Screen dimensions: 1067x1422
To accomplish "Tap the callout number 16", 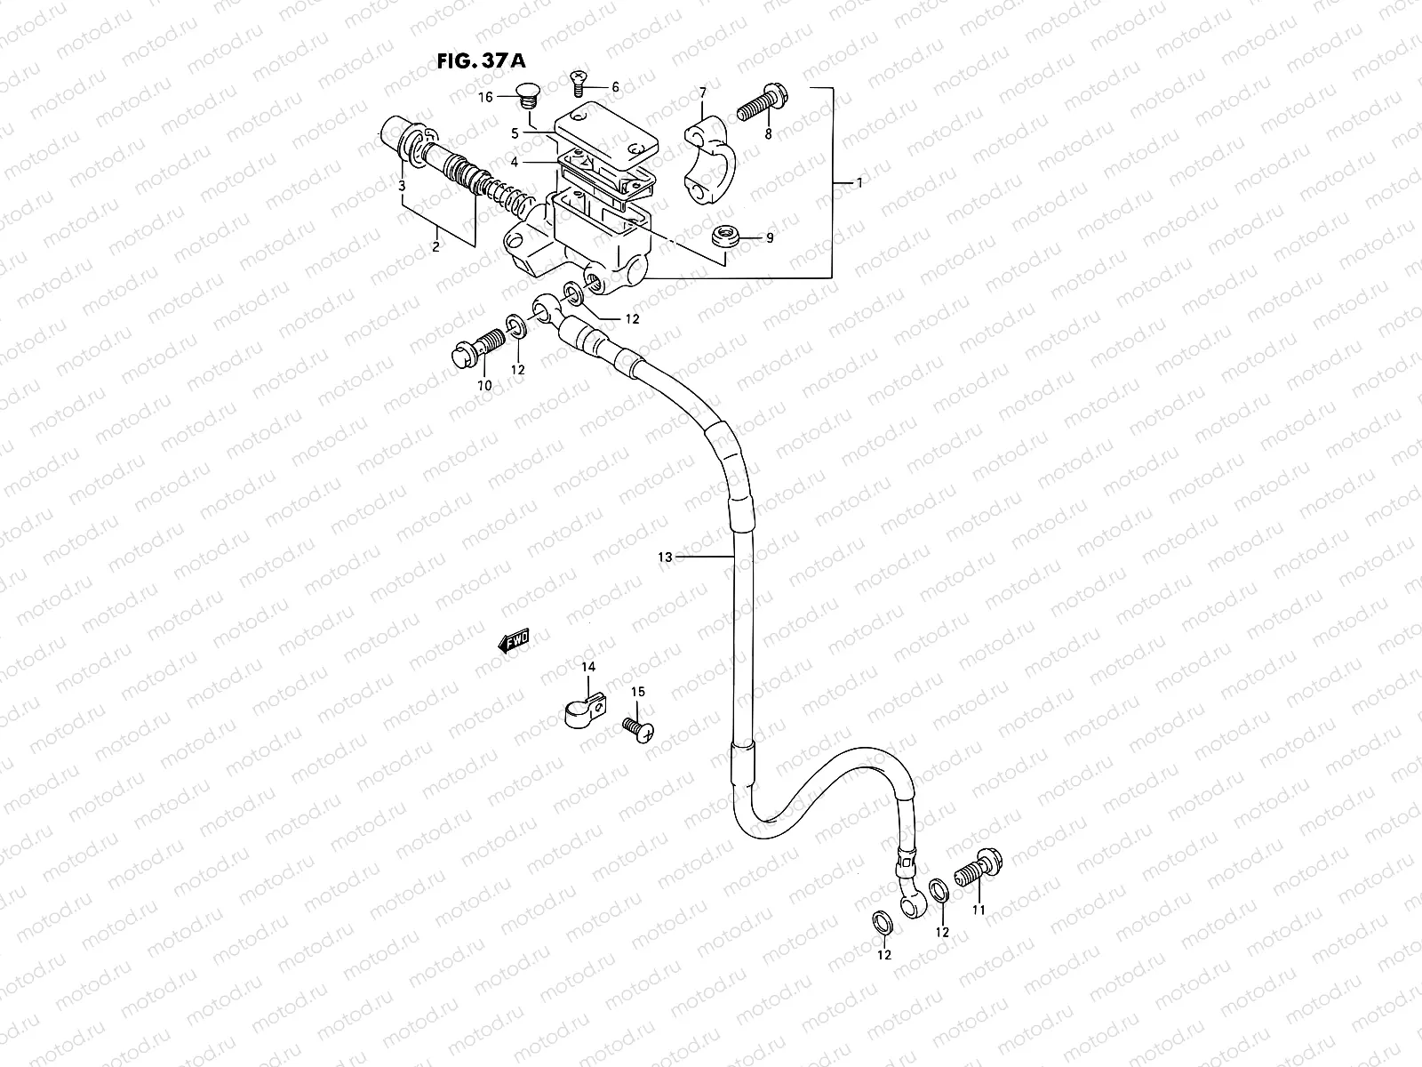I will tap(486, 97).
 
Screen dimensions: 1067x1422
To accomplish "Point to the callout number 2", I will tap(435, 247).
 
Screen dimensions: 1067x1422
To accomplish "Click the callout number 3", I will tap(402, 186).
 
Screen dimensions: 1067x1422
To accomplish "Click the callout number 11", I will tap(979, 910).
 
